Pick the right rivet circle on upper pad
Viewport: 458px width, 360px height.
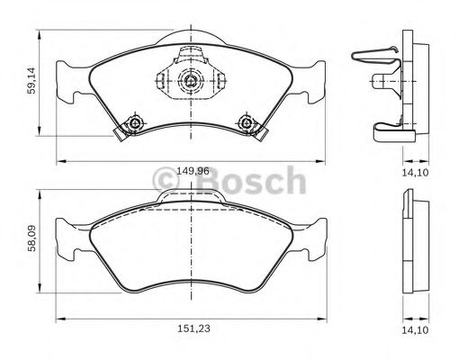[246, 122]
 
